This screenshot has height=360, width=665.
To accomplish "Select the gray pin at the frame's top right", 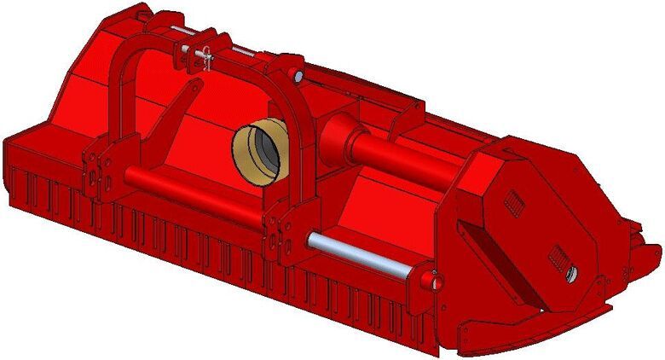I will click(300, 75).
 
